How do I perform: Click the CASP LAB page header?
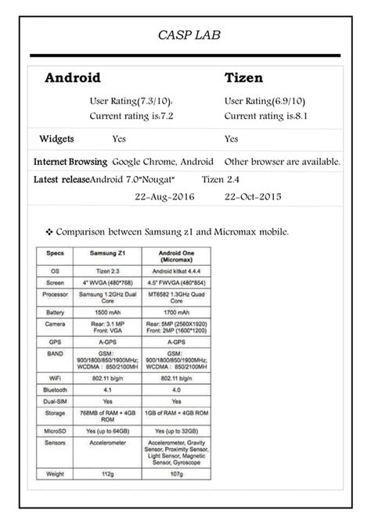coord(185,35)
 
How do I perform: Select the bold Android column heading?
coord(72,78)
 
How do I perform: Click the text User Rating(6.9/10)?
coord(264,102)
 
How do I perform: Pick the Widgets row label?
coord(56,139)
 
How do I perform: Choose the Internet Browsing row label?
coord(70,162)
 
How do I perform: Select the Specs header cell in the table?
coord(54,255)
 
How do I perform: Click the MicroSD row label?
coord(54,429)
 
